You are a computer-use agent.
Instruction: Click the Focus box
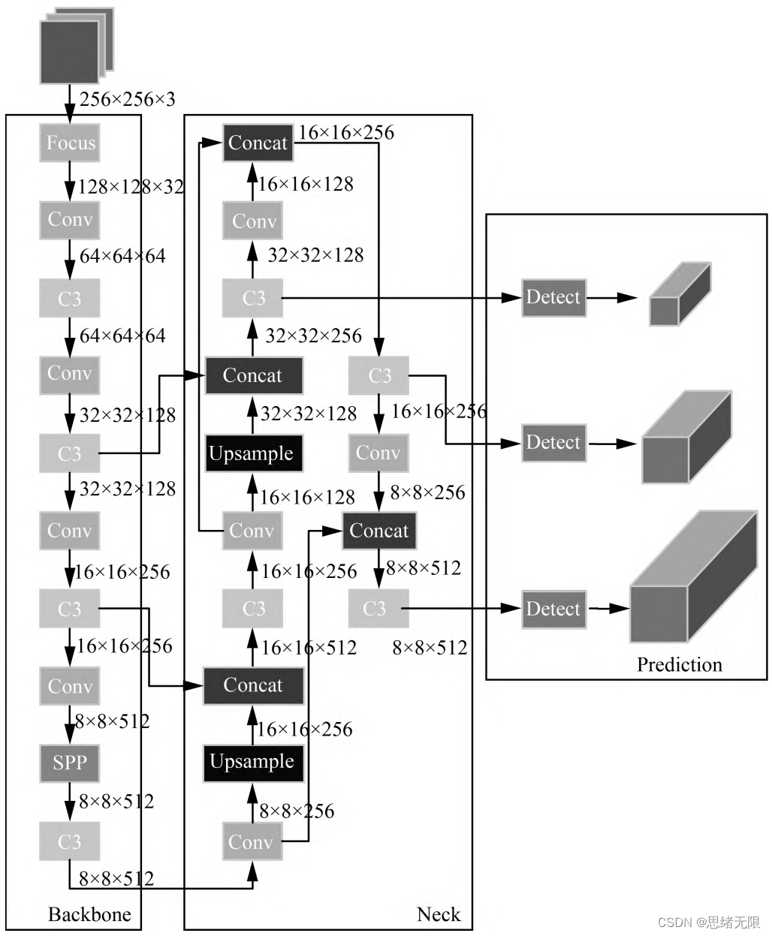[x=69, y=143]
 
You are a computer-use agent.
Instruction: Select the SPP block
[x=69, y=763]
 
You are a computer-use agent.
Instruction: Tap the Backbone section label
[x=89, y=913]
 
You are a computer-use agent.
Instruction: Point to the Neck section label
[x=439, y=913]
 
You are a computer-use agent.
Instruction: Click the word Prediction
[x=679, y=664]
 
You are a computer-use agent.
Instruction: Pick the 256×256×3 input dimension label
[x=127, y=99]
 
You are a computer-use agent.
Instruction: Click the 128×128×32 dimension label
[x=131, y=186]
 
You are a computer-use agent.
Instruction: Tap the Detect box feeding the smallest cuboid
[x=553, y=297]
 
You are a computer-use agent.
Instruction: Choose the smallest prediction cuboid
[x=679, y=294]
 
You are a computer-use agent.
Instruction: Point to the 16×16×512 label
[x=309, y=647]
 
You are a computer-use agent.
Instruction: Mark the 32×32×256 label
[x=313, y=336]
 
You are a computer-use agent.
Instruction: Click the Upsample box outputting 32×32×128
[x=254, y=453]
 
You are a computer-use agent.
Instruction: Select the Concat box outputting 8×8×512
[x=378, y=531]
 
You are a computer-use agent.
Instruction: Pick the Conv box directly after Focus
[x=69, y=220]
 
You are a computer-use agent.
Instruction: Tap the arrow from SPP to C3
[x=69, y=802]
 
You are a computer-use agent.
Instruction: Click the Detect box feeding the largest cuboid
[x=553, y=609]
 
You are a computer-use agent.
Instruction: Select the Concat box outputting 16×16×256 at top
[x=258, y=143]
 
